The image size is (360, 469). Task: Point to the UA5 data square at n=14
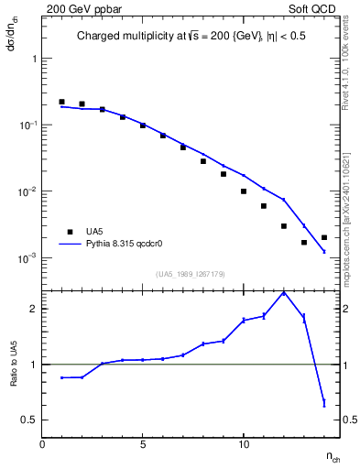324,237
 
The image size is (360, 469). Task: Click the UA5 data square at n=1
61,102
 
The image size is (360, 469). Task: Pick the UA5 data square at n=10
244,191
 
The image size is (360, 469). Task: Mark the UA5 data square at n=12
284,226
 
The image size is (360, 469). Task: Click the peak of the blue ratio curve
284,292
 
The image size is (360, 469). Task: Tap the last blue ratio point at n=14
324,402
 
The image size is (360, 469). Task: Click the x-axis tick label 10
244,444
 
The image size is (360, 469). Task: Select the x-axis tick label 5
143,444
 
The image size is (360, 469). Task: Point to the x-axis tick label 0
42,444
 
